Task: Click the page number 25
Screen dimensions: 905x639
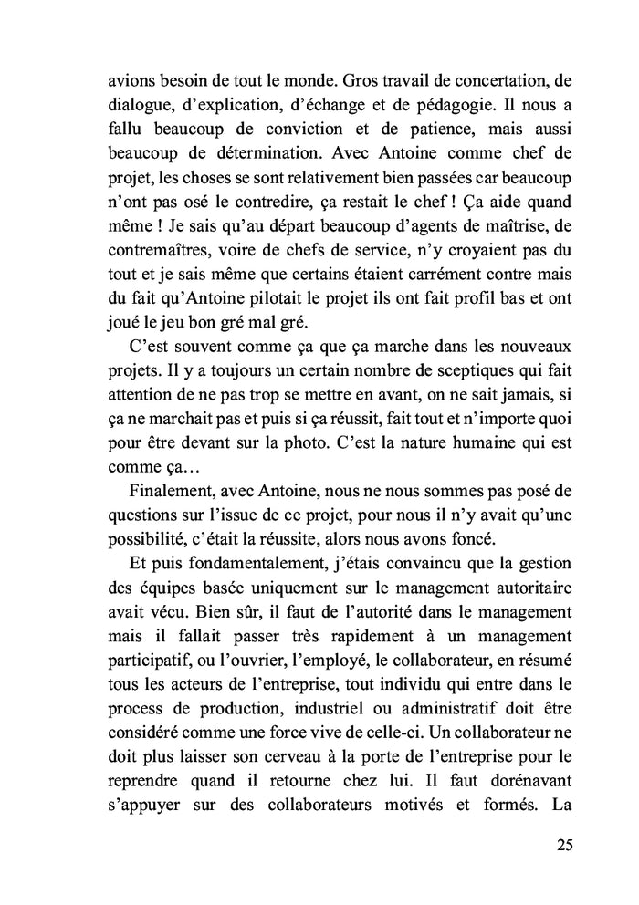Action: click(x=563, y=844)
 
